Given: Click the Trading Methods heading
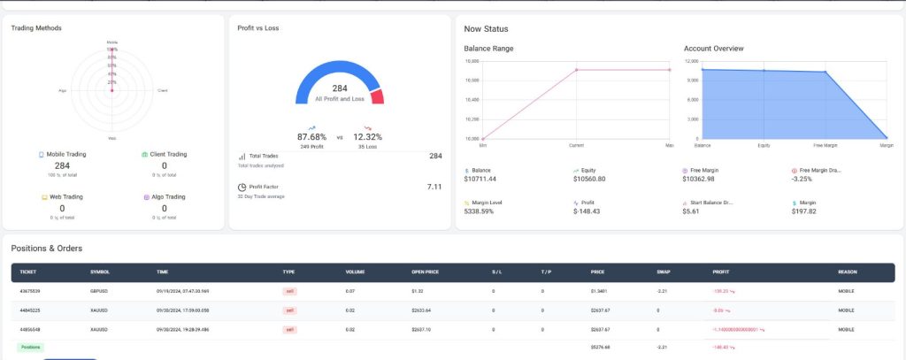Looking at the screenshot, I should (x=36, y=28).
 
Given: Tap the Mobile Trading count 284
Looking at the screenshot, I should (x=62, y=165).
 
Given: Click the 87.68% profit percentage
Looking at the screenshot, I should (x=311, y=137).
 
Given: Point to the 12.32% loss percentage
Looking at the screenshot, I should (x=367, y=137).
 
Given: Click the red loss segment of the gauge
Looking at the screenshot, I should (x=378, y=96).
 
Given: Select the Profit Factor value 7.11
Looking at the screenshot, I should (x=434, y=187).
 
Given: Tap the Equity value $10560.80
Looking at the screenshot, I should (x=589, y=179).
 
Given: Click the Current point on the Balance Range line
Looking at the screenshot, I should (x=576, y=70).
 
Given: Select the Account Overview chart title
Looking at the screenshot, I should (x=713, y=48).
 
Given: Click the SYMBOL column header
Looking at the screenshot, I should (x=100, y=272).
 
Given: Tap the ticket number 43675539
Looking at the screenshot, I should (x=30, y=290).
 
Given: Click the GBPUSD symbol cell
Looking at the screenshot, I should (x=101, y=290).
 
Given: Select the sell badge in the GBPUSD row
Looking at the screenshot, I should (x=289, y=290).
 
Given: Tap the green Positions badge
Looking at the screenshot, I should (x=29, y=347).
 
